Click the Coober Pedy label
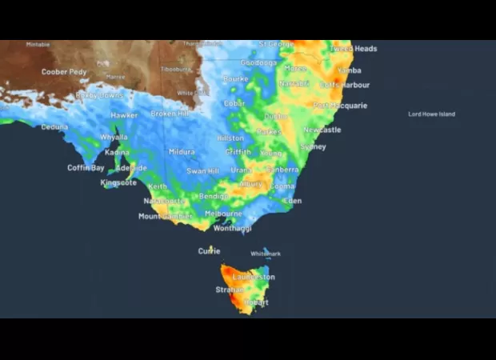coord(64,72)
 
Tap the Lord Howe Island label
coord(431,114)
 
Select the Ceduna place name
coord(54,126)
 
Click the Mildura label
coord(182,152)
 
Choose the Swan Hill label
coord(202,171)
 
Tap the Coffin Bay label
coord(86,168)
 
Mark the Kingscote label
coord(118,182)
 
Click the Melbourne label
coord(223,214)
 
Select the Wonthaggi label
coord(232,228)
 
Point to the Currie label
coord(209,251)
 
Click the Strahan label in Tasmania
coord(230,290)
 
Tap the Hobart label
coord(256,302)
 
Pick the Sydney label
coord(313,147)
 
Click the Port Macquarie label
coord(340,106)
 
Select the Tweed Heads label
coord(354,49)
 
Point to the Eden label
coord(292,201)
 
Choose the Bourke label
coord(235,79)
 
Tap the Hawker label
coord(124,115)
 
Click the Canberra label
coord(282,170)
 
